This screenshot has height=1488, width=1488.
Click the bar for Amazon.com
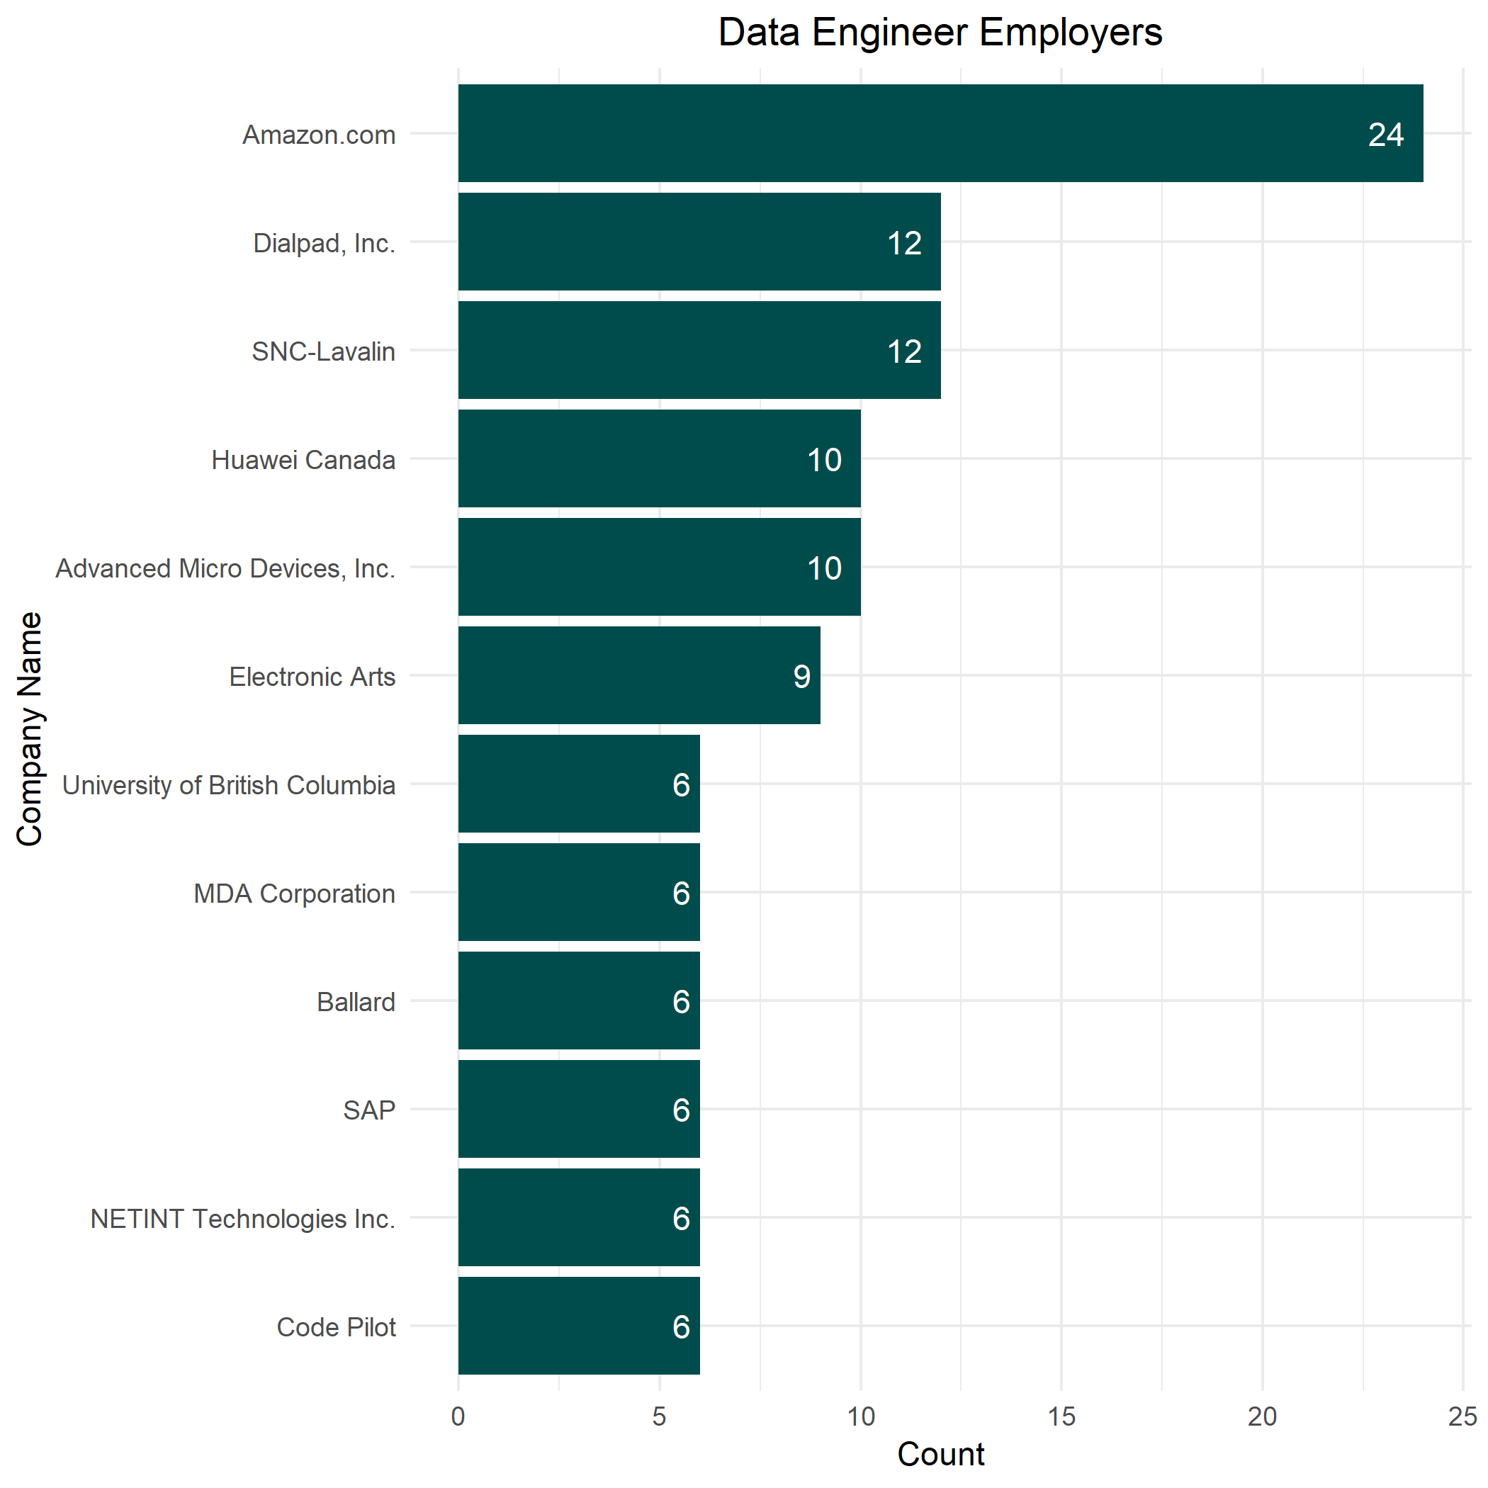[x=940, y=133]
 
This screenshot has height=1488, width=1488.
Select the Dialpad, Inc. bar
[x=699, y=242]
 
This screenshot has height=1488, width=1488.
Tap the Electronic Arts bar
[x=638, y=675]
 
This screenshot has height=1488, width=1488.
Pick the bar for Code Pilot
[x=578, y=1326]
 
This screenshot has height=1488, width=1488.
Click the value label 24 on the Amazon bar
[x=1385, y=135]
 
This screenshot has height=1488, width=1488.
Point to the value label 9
[x=802, y=676]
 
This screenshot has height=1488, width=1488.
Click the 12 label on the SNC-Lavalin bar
[x=904, y=351]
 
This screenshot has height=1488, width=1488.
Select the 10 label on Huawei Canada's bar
[x=824, y=460]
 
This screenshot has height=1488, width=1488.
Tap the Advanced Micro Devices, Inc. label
[x=225, y=568]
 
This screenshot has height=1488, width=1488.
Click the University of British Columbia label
[x=229, y=785]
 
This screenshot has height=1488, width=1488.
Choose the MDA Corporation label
[x=294, y=894]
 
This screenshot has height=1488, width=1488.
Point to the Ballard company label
[x=356, y=1002]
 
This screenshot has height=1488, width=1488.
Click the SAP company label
[x=369, y=1110]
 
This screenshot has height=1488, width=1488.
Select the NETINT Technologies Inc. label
[x=242, y=1219]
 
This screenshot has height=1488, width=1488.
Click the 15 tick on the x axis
[x=1061, y=1416]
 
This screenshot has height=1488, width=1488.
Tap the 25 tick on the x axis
[x=1462, y=1416]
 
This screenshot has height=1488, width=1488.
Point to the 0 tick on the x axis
[x=458, y=1416]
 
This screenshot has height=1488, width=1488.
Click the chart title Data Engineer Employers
[x=940, y=33]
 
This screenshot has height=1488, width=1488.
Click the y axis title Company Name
[x=29, y=728]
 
